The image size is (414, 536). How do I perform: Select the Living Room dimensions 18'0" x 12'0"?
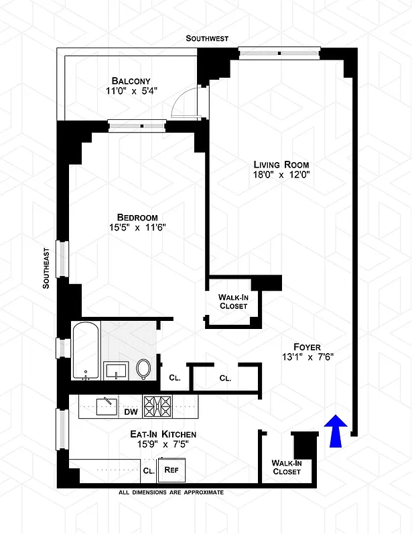[x=281, y=174]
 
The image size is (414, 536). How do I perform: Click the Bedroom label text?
[x=137, y=217]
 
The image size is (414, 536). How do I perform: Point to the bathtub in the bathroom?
[x=85, y=352]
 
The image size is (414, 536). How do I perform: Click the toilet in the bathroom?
[x=143, y=368]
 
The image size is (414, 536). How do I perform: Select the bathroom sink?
[x=115, y=371]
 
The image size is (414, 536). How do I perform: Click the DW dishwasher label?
[x=130, y=411]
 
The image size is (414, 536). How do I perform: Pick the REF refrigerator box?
[x=171, y=470]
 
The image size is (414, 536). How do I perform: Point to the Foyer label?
[x=307, y=346]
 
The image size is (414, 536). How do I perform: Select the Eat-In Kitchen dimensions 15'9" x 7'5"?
[x=163, y=444]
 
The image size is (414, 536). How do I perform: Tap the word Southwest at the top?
[x=207, y=39]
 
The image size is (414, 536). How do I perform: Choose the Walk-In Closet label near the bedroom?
[x=233, y=301]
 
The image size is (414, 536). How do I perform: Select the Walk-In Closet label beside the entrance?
[x=286, y=467]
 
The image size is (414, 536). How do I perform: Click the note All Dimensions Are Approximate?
[x=170, y=492]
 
